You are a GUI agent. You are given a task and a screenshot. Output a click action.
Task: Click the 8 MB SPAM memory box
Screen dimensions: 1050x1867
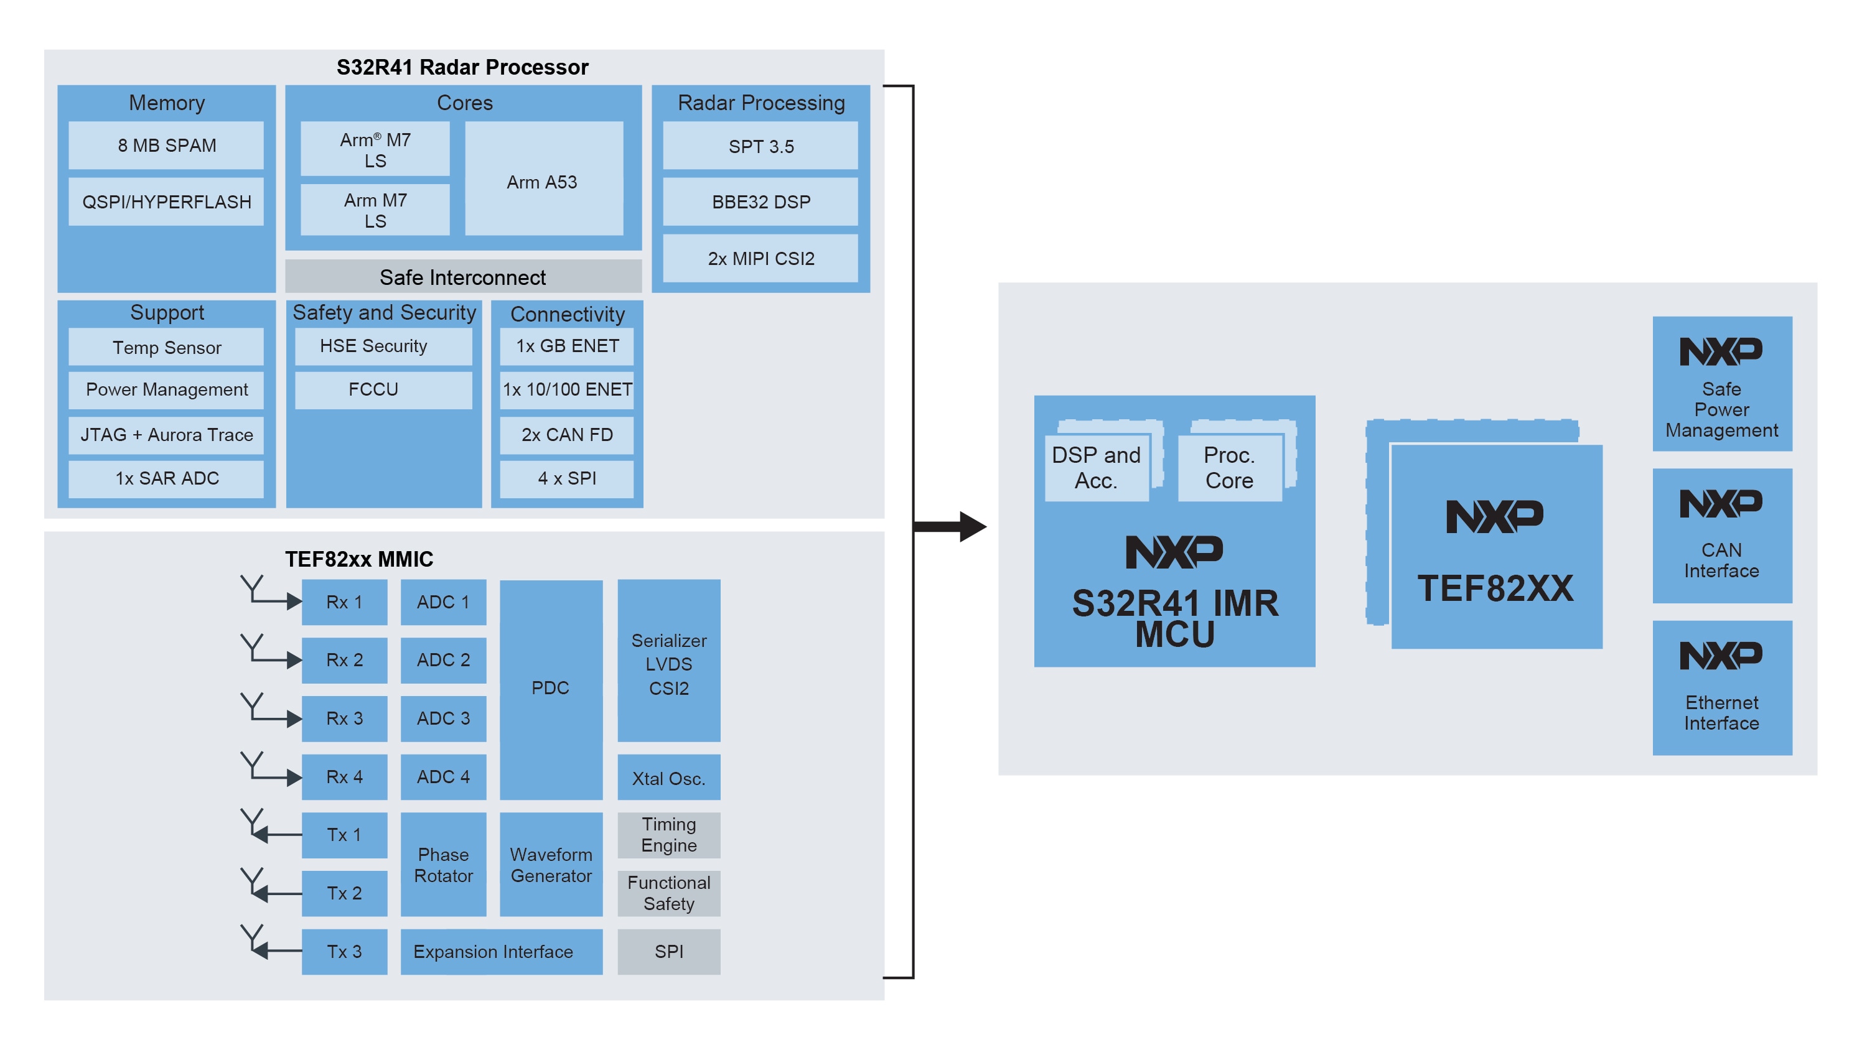[166, 145]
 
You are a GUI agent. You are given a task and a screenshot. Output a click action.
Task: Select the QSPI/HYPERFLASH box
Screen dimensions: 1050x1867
[166, 202]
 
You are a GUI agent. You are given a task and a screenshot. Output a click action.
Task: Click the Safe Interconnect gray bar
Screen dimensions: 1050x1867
[462, 277]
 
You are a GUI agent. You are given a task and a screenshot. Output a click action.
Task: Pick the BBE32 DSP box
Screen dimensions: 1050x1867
[760, 202]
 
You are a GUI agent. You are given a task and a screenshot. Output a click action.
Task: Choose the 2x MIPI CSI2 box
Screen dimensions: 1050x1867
[760, 258]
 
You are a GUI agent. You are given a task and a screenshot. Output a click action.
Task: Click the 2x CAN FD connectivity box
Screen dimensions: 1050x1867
[567, 435]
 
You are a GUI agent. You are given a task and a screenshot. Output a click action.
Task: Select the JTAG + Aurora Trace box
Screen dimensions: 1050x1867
[166, 435]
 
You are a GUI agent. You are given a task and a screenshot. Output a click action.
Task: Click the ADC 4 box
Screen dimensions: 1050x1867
[443, 777]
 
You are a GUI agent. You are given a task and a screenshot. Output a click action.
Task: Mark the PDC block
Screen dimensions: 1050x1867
[551, 689]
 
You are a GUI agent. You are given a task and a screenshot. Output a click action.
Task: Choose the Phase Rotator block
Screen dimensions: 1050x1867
[443, 865]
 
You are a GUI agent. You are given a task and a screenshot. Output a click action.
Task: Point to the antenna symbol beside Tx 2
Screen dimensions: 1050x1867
[252, 883]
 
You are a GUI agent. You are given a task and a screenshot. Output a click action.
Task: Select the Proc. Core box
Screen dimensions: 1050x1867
[1229, 467]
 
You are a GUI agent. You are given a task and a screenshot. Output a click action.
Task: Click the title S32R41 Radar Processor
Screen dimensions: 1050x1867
[462, 67]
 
